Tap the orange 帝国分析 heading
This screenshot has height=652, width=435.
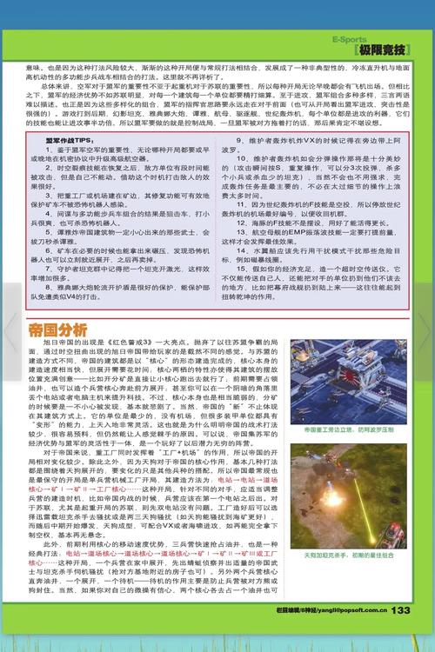point(57,330)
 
